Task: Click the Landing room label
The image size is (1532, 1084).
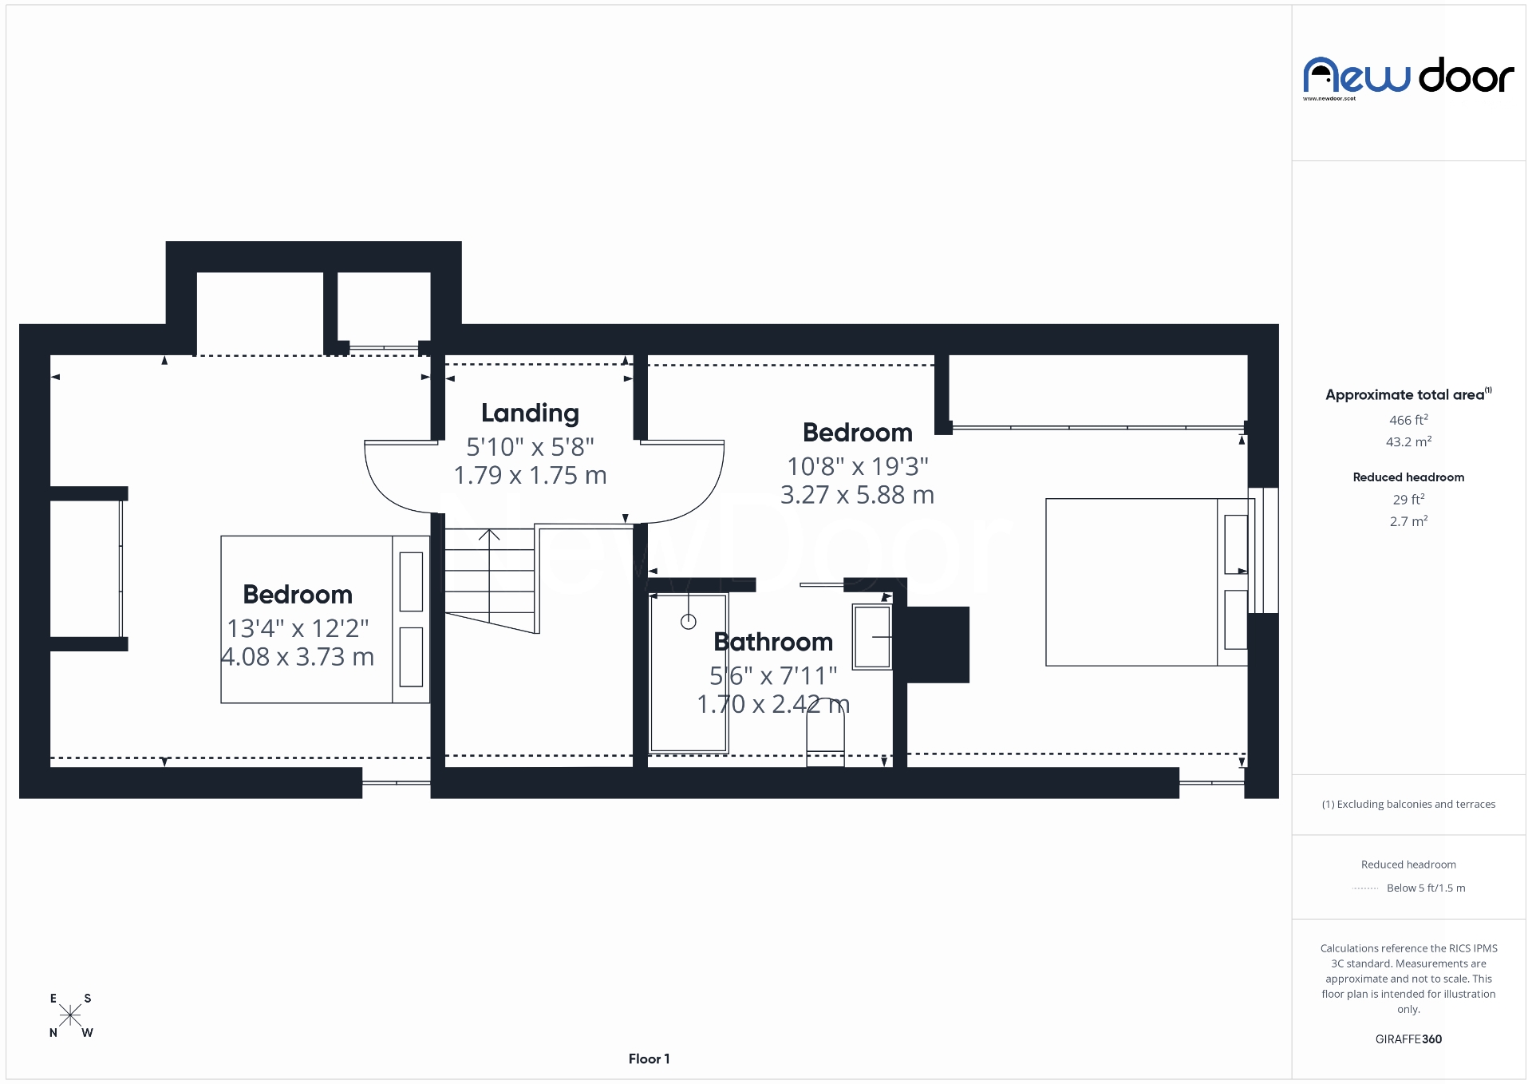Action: (x=530, y=413)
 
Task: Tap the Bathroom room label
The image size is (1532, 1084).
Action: (x=772, y=642)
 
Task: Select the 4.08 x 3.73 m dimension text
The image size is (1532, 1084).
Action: (x=297, y=657)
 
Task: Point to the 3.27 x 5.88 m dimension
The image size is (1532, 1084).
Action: (x=857, y=495)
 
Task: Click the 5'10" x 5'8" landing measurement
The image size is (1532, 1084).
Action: (x=530, y=445)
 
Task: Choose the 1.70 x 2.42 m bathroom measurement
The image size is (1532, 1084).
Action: (x=772, y=704)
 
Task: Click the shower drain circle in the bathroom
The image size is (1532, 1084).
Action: (x=688, y=622)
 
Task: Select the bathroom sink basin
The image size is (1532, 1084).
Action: (x=872, y=636)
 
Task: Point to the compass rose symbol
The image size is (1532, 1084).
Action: (x=70, y=1015)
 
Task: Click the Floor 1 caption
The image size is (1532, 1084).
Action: (x=649, y=1059)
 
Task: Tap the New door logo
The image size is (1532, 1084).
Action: (x=1408, y=78)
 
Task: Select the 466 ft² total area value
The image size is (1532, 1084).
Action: (x=1408, y=420)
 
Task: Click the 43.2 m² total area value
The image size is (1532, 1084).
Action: (x=1408, y=442)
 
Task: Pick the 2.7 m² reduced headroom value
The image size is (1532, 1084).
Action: (x=1408, y=521)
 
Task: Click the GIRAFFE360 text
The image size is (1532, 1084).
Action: (x=1408, y=1039)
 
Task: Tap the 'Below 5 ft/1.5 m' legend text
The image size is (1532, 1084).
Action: (x=1425, y=888)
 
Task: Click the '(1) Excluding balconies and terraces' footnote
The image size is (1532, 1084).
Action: (x=1408, y=804)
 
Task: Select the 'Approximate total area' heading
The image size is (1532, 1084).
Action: (x=1406, y=394)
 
